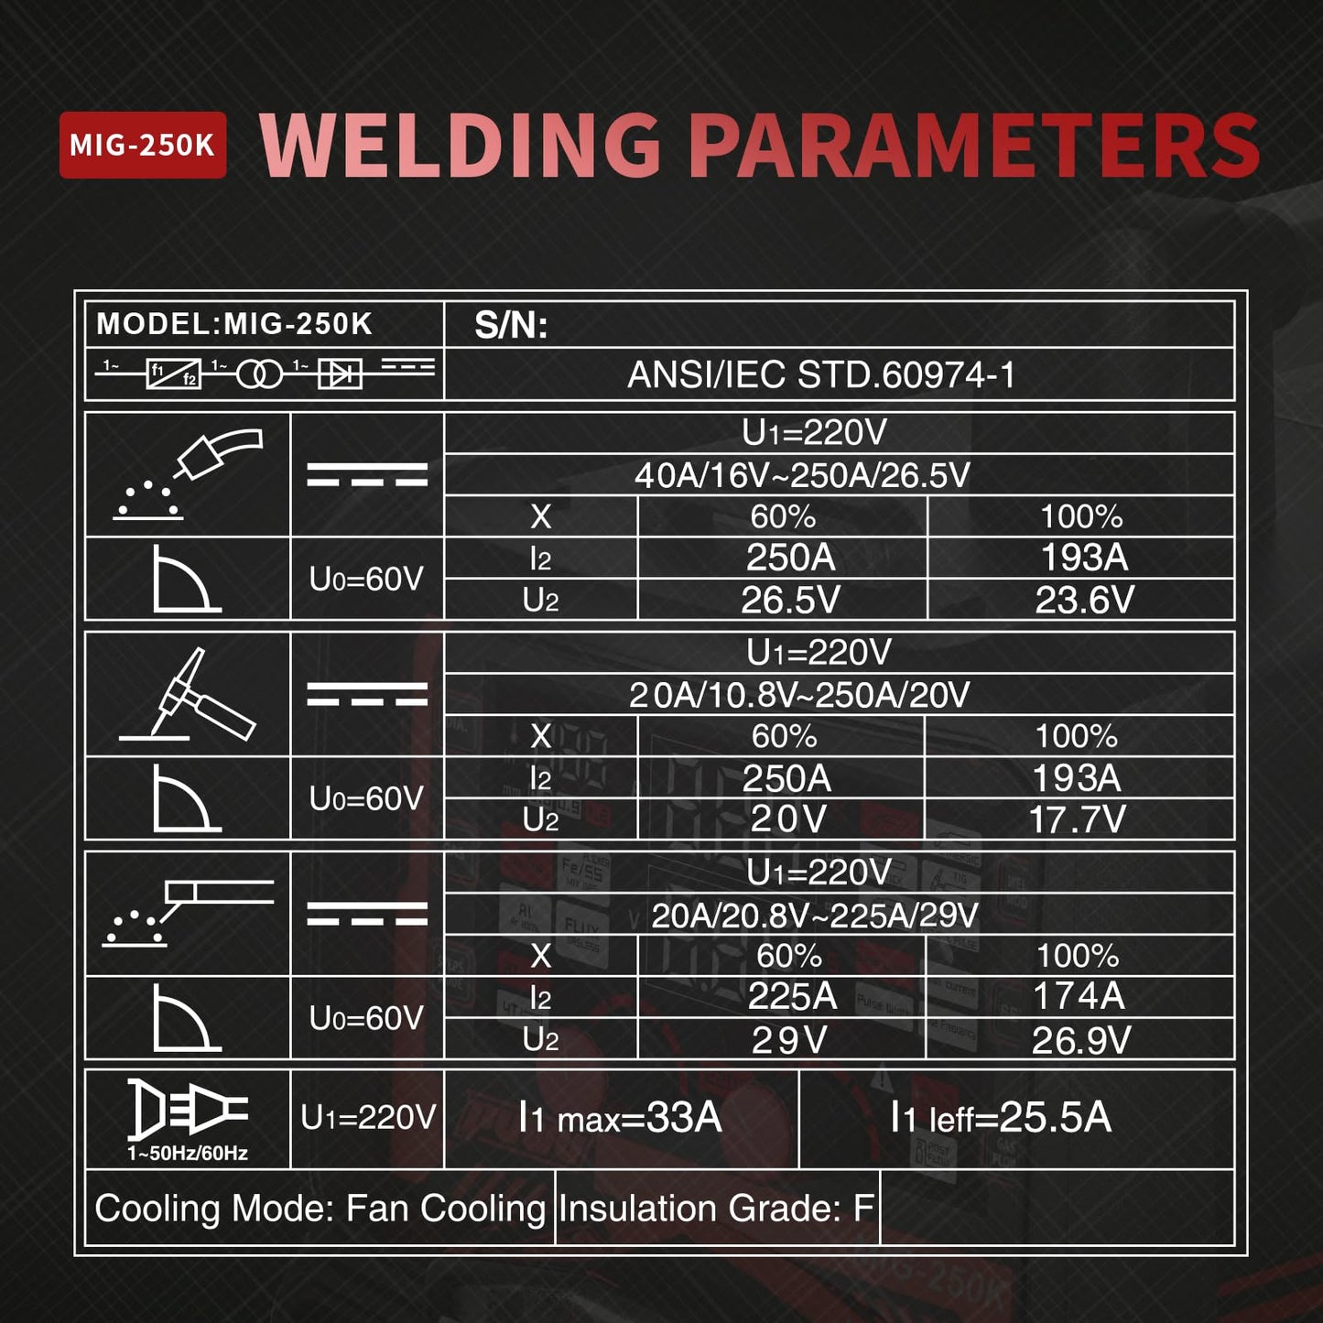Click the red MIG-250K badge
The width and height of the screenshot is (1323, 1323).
tap(143, 145)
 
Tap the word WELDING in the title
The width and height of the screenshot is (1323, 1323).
tap(461, 146)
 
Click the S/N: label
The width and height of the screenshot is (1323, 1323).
tap(511, 325)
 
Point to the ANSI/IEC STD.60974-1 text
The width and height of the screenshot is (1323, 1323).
tap(820, 374)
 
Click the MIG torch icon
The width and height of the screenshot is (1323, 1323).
tap(188, 474)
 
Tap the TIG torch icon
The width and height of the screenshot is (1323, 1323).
tap(188, 694)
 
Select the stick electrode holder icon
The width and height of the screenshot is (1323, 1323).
tap(188, 913)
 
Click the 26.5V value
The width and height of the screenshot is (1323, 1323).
tap(790, 600)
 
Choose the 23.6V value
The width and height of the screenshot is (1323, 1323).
tap(1085, 600)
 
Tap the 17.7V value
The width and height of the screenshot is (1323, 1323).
tap(1078, 819)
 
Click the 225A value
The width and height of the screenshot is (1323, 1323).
tap(792, 996)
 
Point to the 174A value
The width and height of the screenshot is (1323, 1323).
tap(1079, 996)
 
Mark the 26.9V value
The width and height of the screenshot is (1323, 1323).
tap(1080, 1040)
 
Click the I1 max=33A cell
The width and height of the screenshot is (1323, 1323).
tap(621, 1118)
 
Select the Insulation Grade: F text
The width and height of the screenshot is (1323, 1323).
tap(717, 1209)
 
